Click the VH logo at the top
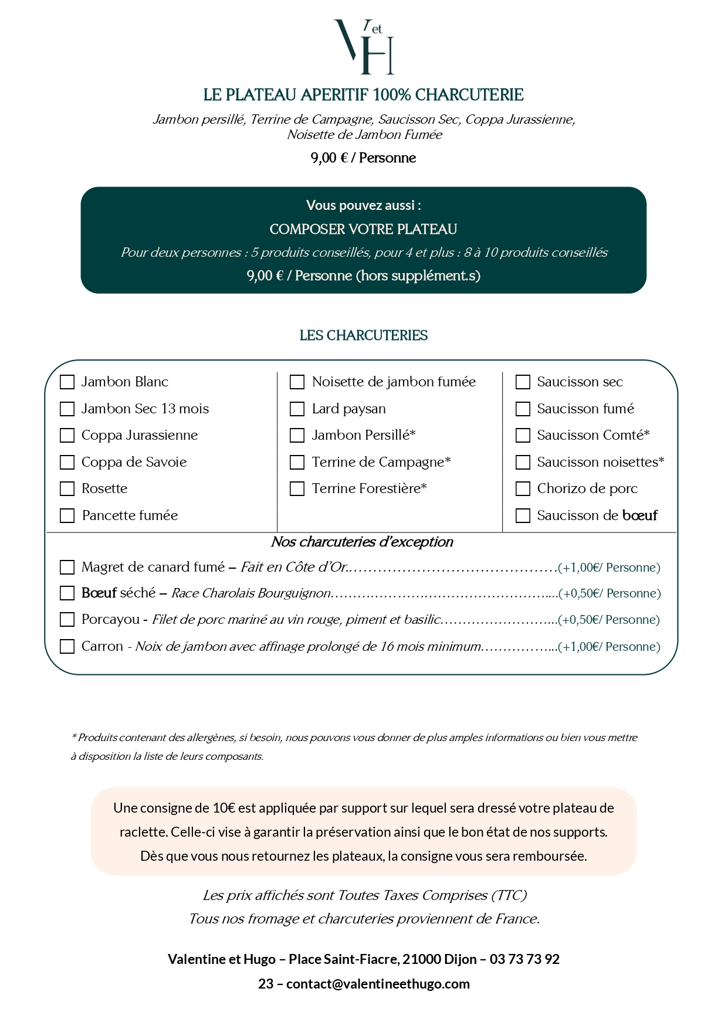point(364,47)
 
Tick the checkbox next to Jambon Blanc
point(67,382)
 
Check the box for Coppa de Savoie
point(67,463)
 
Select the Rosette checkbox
point(67,489)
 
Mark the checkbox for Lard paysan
point(297,409)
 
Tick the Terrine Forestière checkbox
point(297,489)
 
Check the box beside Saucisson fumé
point(523,409)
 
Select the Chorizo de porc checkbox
point(523,489)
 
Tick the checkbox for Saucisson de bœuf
point(523,516)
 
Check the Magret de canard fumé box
point(67,568)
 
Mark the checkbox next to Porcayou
point(67,620)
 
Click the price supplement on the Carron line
point(609,647)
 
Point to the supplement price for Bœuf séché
point(610,593)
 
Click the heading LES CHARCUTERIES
point(364,335)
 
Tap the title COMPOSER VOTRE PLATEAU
point(364,229)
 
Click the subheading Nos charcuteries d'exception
point(362,542)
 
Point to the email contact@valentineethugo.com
point(378,984)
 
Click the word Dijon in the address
point(460,959)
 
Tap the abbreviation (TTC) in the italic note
point(509,895)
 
